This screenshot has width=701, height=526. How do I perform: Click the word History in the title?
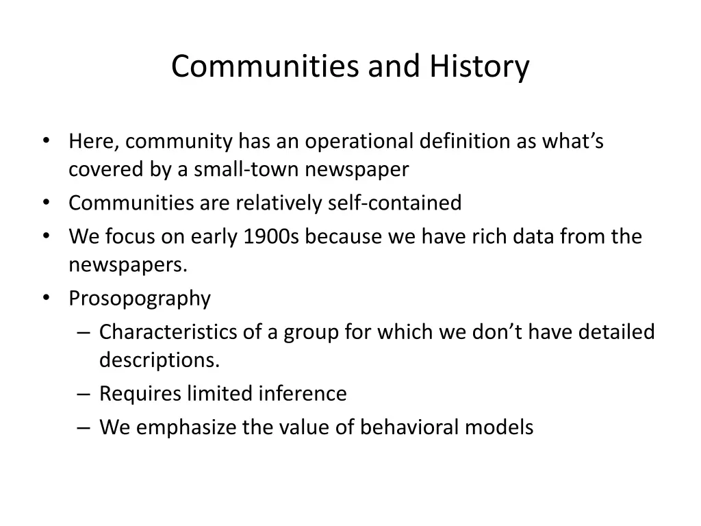[479, 67]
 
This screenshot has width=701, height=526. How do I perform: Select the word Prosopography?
[140, 299]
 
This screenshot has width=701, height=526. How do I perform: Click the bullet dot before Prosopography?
[46, 298]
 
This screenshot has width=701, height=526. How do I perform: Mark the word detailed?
[616, 332]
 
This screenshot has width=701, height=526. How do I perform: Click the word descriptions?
[160, 360]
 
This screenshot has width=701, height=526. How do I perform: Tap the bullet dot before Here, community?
[46, 141]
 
